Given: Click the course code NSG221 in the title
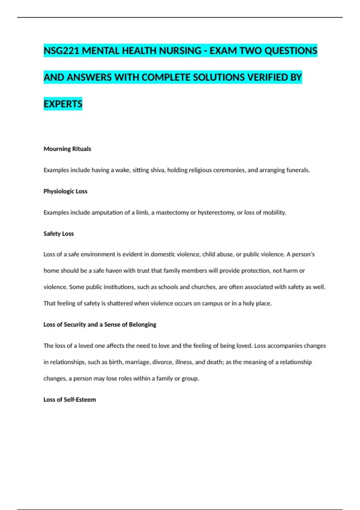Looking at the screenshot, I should (61, 51).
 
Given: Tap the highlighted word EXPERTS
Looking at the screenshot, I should (63, 104).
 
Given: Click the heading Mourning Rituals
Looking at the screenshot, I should (67, 149).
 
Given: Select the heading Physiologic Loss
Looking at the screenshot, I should (65, 191).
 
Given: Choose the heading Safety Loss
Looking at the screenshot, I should (58, 233).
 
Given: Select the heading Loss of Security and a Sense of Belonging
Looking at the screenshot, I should (100, 324).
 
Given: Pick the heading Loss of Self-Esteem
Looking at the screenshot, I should (70, 400).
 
